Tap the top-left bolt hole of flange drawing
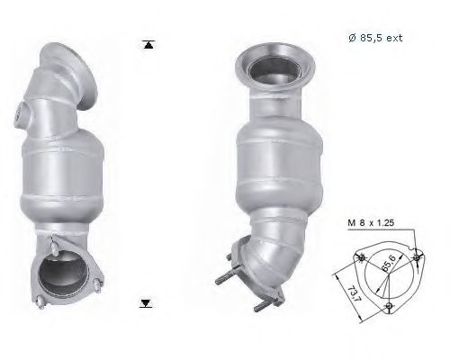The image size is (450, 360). [x=362, y=258]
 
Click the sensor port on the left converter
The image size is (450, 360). [x=21, y=113]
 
